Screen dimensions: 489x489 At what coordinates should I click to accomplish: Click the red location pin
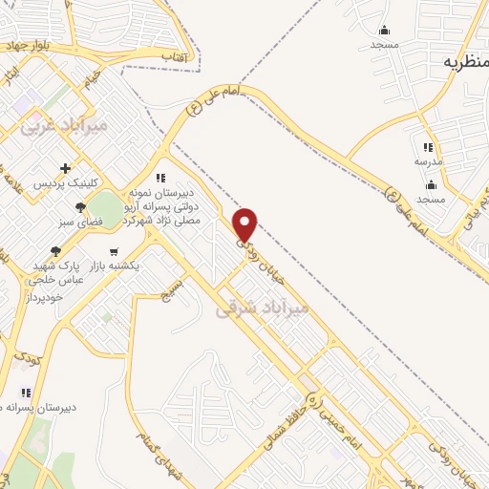[x=246, y=224]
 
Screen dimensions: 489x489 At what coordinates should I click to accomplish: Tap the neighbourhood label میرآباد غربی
[x=67, y=125]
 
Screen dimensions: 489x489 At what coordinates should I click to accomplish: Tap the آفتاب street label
[x=181, y=57]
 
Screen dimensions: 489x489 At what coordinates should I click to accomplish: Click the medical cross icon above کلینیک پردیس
[x=65, y=168]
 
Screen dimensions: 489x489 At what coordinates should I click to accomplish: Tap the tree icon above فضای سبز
[x=81, y=206]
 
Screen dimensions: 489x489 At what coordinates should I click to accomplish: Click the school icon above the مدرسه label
[x=428, y=148]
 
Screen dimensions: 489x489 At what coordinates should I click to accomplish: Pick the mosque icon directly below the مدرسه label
[x=431, y=185]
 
